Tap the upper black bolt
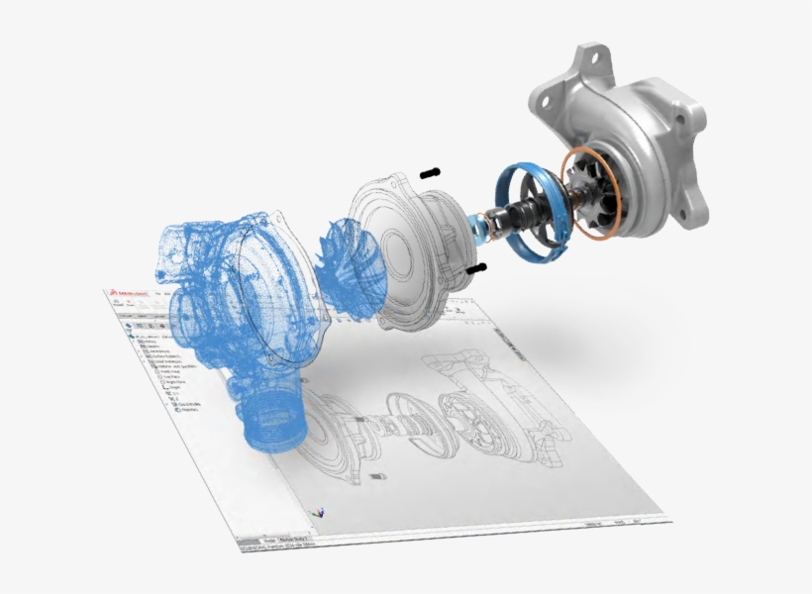point(430,173)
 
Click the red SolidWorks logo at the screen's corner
point(116,293)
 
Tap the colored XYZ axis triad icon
point(317,513)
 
